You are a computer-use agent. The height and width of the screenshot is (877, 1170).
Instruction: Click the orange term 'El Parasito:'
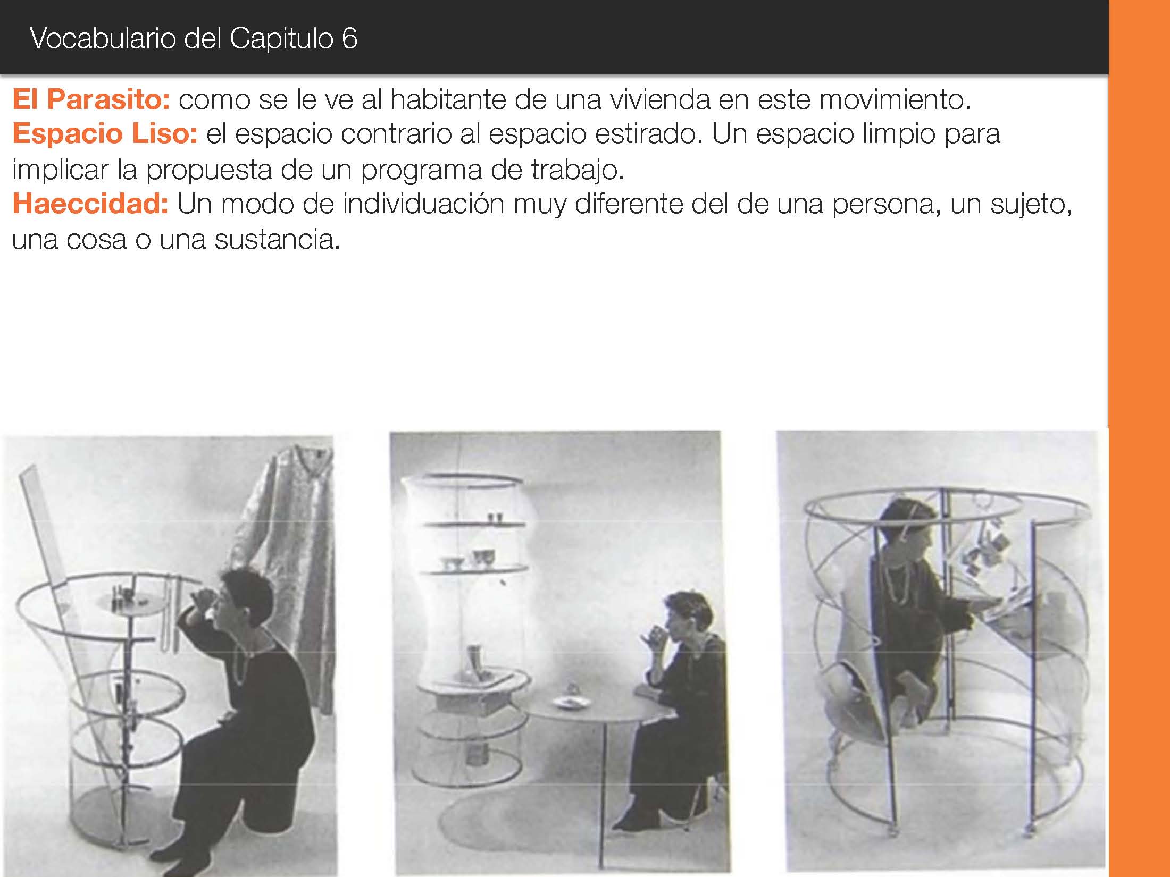[x=91, y=99]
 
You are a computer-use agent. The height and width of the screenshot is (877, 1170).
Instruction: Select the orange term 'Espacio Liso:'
[x=105, y=133]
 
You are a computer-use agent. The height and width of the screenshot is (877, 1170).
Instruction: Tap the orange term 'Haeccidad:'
[x=90, y=204]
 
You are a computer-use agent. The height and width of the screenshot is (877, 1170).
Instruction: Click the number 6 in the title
[x=349, y=38]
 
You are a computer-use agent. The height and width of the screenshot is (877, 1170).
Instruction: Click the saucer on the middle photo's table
[x=571, y=703]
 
